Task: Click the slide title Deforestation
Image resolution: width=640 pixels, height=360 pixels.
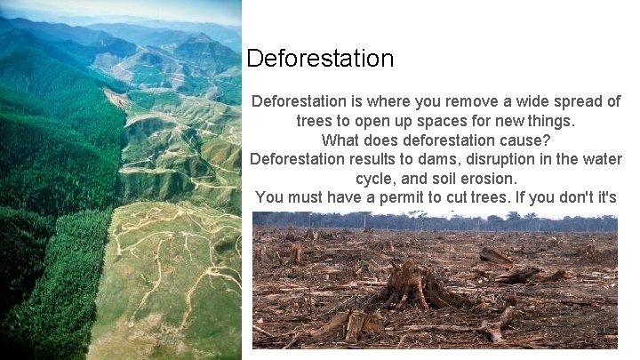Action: tap(320, 59)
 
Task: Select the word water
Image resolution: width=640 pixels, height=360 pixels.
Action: tap(600, 159)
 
